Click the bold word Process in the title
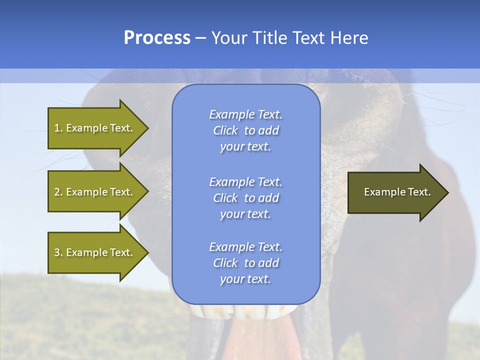tap(157, 38)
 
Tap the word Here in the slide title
tap(349, 38)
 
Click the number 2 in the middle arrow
tap(57, 192)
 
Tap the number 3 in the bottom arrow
tap(57, 252)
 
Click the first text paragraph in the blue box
tap(245, 130)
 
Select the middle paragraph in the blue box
tap(245, 198)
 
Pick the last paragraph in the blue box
tap(245, 263)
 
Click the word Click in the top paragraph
tap(225, 130)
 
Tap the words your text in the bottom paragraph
tap(245, 279)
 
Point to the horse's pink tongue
tap(265, 340)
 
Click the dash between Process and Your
tap(200, 38)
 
